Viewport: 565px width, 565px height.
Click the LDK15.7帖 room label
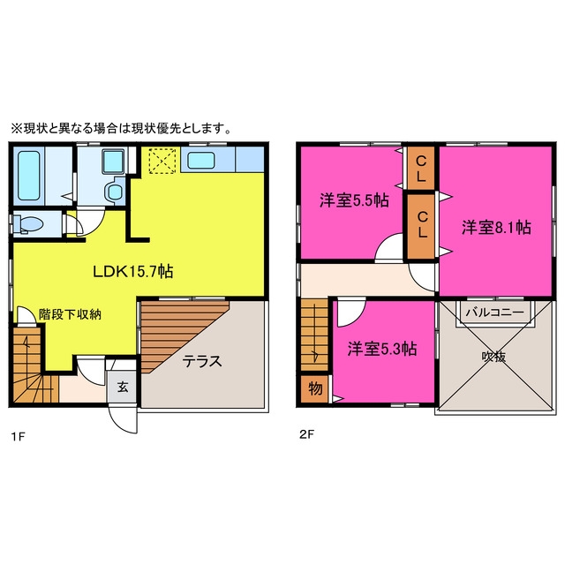pos(133,271)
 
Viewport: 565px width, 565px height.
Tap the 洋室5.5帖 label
pos(354,200)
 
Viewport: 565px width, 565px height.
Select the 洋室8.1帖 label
pos(496,228)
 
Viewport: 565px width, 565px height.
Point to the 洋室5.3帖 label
pos(382,349)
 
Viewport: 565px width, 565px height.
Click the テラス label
pos(202,361)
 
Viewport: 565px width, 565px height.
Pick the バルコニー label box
pos(494,312)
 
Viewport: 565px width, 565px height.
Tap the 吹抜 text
pos(493,357)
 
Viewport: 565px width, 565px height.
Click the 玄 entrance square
pos(122,387)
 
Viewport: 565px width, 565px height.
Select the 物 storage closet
pos(315,389)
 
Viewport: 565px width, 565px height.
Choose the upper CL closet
pos(420,168)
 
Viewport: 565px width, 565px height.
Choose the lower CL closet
pos(421,226)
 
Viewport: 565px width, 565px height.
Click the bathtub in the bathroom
pos(29,176)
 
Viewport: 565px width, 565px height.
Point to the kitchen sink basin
pos(201,161)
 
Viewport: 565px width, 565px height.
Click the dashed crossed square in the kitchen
pos(162,160)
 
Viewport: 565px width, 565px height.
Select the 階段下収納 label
pos(70,314)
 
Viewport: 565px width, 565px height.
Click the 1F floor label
pos(18,437)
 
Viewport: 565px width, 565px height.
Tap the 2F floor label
pos(306,434)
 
